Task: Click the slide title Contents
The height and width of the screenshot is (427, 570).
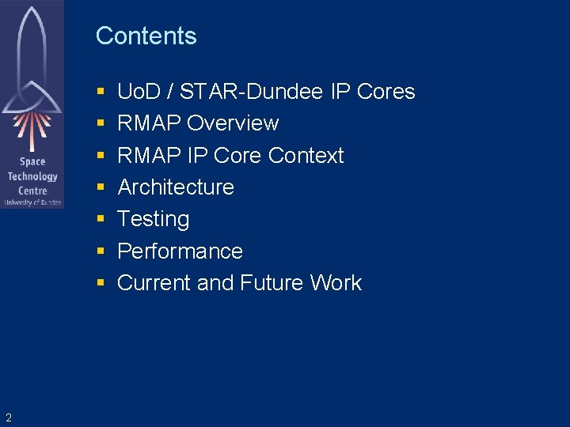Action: point(146,36)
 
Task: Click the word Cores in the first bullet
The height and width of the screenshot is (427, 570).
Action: point(386,92)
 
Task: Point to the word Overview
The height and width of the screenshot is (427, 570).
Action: point(233,123)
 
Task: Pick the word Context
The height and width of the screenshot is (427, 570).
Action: point(306,155)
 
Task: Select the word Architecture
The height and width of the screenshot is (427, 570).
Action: point(176,187)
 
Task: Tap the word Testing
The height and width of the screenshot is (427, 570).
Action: point(153,219)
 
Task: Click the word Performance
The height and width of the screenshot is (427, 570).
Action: point(180,251)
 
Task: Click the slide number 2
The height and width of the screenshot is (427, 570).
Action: point(8,418)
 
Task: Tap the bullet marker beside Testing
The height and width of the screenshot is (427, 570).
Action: point(101,220)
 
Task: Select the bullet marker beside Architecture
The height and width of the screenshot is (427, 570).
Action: point(101,188)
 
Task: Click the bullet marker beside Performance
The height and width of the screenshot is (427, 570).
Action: point(101,251)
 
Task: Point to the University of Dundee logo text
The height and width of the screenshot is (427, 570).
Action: point(32,202)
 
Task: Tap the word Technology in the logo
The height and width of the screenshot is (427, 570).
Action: point(32,176)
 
